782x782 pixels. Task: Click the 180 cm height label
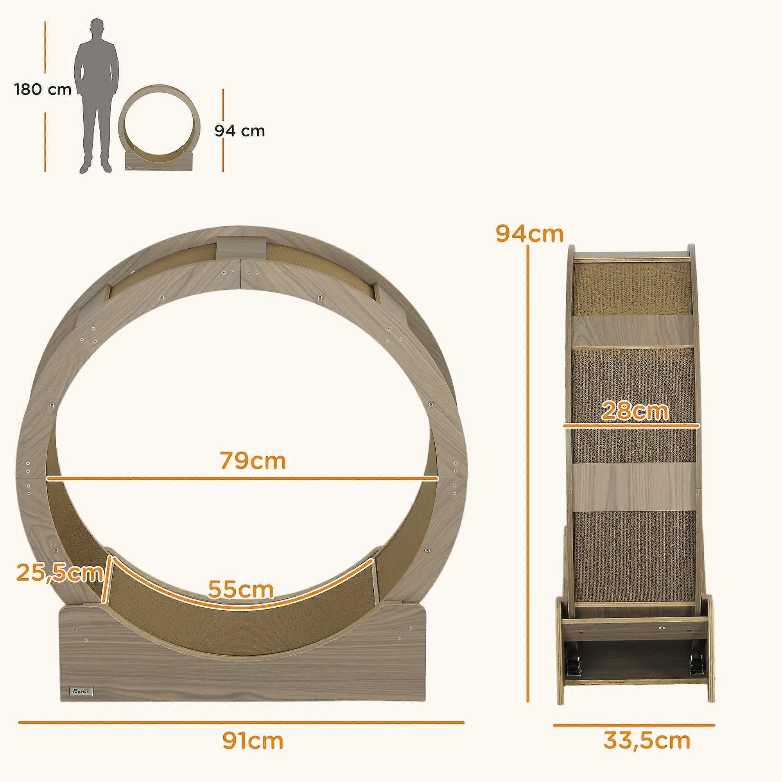tap(43, 90)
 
